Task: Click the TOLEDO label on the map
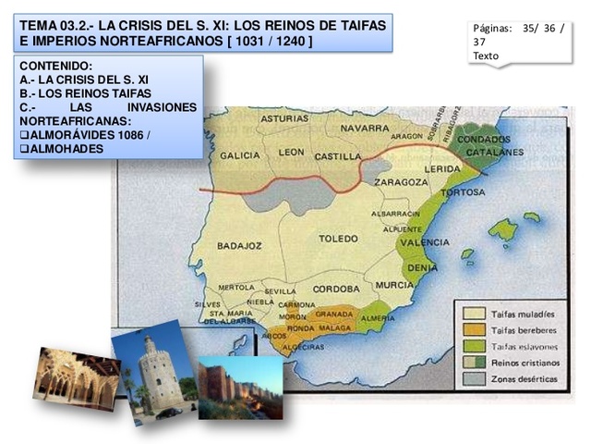point(338,238)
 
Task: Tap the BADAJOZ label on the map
point(239,246)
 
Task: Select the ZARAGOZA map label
point(401,182)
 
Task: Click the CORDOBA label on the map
point(336,289)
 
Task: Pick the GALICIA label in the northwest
point(240,154)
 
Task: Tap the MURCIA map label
point(394,285)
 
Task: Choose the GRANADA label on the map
point(334,314)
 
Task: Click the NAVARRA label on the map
point(365,127)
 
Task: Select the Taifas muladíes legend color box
point(472,313)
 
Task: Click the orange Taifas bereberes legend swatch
point(472,328)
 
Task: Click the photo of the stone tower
point(154,368)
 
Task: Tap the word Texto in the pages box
point(484,55)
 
